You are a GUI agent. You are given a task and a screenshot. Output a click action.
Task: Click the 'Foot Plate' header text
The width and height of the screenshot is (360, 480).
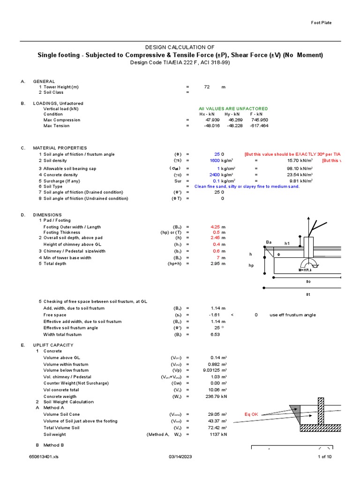322,23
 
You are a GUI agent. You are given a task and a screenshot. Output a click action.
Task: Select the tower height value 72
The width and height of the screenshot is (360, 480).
207,87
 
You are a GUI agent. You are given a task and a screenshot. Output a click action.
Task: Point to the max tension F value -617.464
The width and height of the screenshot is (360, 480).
259,126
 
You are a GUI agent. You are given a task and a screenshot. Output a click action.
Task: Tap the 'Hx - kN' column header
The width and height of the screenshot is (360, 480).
206,114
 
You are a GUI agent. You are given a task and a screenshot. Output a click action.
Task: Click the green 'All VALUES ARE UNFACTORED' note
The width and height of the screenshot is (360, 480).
233,109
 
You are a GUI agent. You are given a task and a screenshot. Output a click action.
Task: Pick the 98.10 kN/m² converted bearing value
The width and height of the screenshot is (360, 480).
292,168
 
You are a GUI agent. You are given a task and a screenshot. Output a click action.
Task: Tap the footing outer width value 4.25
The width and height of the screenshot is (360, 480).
215,227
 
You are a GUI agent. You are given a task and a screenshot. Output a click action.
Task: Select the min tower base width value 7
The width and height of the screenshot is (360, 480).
218,258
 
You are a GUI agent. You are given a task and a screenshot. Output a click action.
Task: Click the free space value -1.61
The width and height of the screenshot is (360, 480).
215,315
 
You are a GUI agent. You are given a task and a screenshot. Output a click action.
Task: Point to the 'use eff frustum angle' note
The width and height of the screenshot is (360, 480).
293,315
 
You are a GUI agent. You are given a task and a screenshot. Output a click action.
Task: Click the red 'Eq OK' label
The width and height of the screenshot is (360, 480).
252,414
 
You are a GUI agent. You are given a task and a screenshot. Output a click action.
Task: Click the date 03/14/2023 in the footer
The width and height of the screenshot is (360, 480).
180,457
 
